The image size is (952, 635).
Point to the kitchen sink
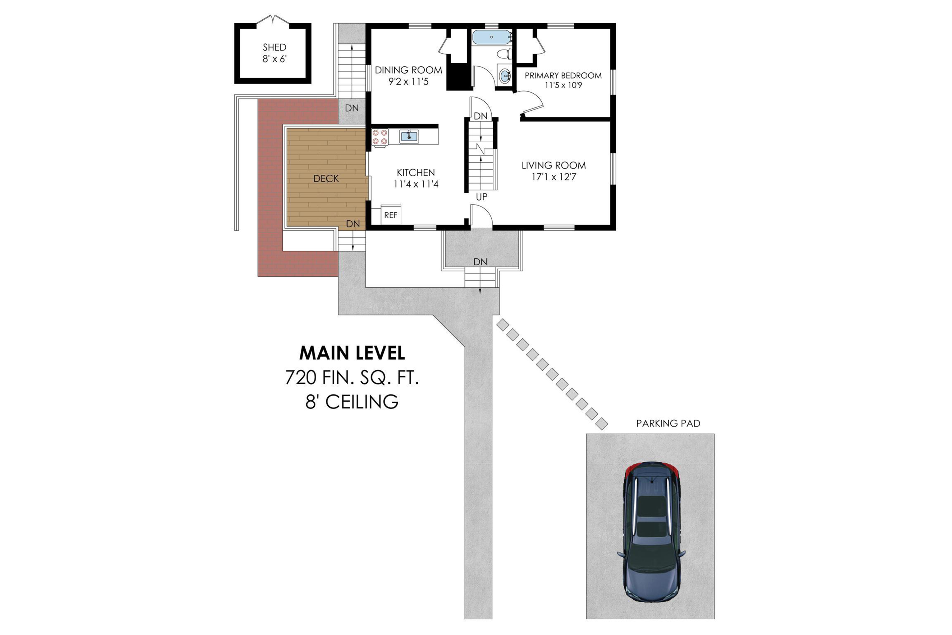tap(409, 137)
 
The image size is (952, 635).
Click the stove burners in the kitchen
tap(380, 137)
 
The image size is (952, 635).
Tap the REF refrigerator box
tap(391, 215)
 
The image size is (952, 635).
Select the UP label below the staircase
tap(481, 197)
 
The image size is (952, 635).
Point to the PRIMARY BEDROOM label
tap(563, 75)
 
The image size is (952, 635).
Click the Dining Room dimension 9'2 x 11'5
tap(408, 82)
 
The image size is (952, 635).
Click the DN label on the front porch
tap(480, 262)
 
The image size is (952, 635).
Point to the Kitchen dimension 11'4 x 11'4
tap(416, 184)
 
